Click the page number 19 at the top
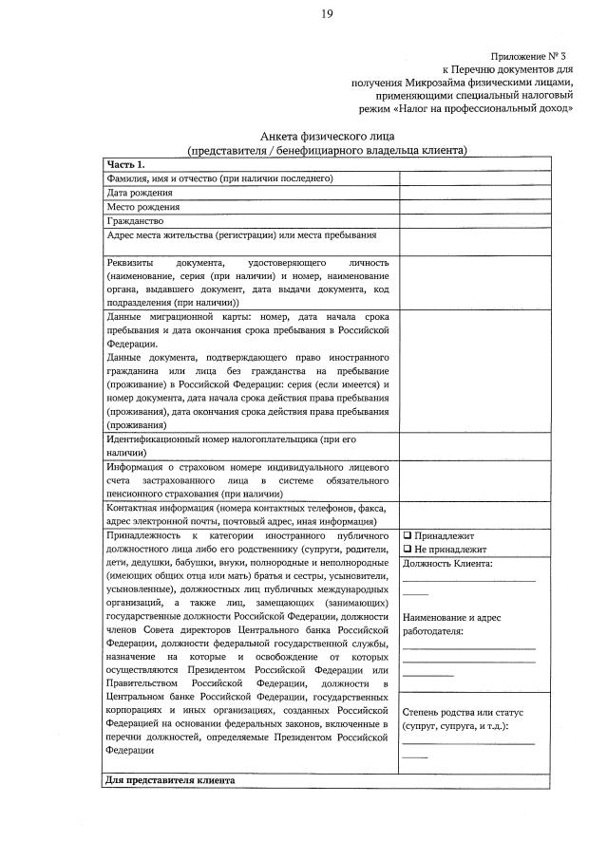click(x=326, y=13)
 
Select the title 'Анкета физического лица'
click(x=326, y=137)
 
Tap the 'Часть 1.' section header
click(x=125, y=164)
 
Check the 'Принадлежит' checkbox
click(x=407, y=535)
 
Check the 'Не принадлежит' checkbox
click(x=407, y=549)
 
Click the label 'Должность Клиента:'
click(x=447, y=563)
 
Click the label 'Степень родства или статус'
click(x=463, y=712)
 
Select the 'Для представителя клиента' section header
click(x=169, y=780)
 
